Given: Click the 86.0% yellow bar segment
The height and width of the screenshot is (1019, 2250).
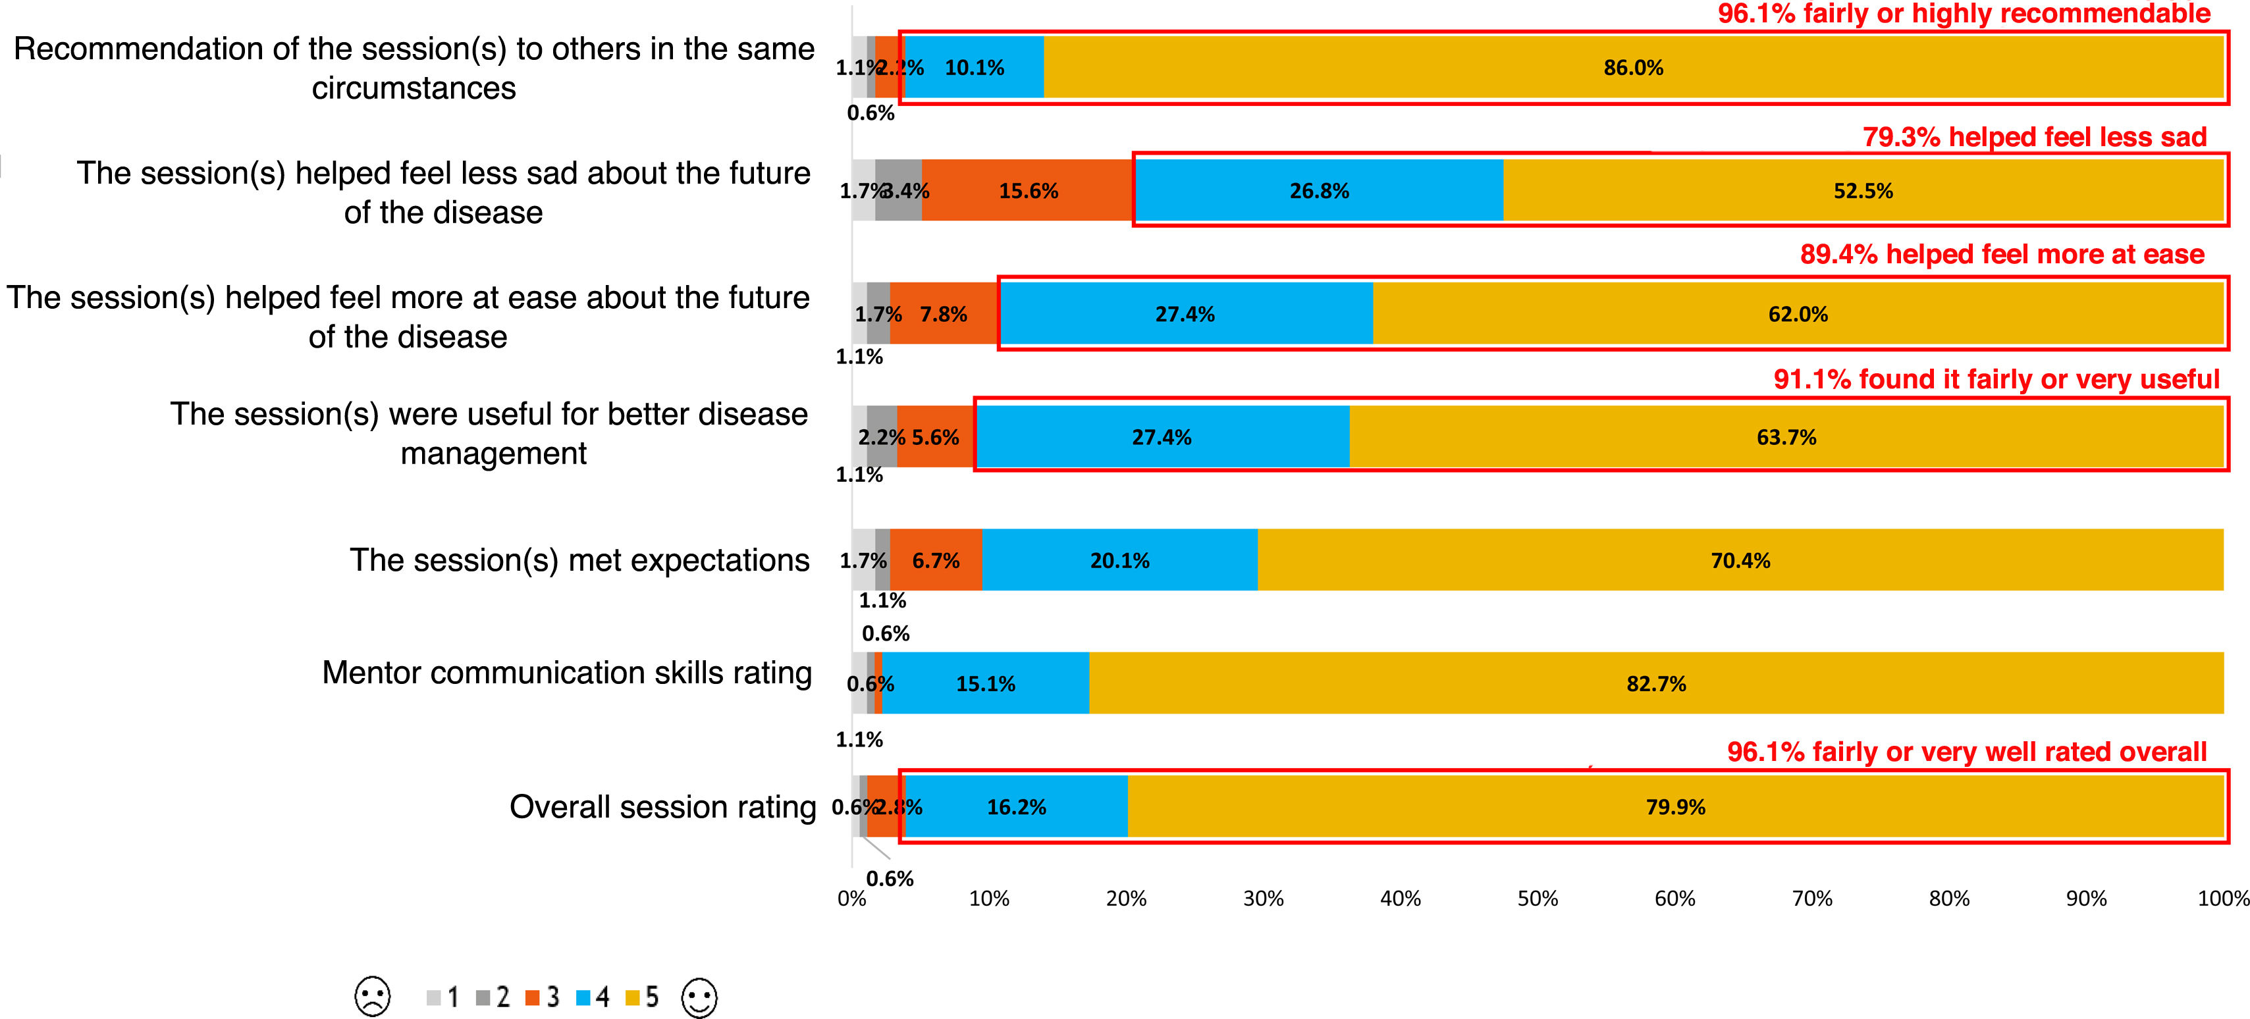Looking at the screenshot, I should [1634, 67].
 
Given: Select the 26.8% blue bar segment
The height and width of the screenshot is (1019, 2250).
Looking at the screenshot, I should [1319, 190].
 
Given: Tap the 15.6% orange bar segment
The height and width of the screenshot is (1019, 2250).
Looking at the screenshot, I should [1028, 190].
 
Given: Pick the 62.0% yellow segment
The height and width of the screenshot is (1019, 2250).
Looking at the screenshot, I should [1798, 313].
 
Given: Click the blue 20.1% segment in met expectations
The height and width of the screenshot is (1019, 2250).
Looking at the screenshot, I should [1120, 560].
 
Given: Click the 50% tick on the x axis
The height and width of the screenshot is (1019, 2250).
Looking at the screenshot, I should [1538, 899].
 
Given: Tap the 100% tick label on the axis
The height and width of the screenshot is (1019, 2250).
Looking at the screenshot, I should [2223, 899].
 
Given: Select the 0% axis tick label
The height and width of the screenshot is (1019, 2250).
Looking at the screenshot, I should [851, 899].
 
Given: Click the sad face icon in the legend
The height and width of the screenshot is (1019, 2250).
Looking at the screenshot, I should [373, 997].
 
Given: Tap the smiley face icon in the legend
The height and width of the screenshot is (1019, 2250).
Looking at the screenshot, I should [699, 997].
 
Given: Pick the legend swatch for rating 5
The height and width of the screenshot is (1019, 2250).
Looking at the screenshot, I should [632, 997].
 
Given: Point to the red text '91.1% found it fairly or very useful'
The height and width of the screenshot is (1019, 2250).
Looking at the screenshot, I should [1996, 379].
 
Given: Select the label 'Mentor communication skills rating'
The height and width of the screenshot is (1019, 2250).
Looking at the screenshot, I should [567, 672].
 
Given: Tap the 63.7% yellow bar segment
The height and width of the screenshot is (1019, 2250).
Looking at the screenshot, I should [1786, 436].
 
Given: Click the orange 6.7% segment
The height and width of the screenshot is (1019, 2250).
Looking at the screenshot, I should [936, 560].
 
